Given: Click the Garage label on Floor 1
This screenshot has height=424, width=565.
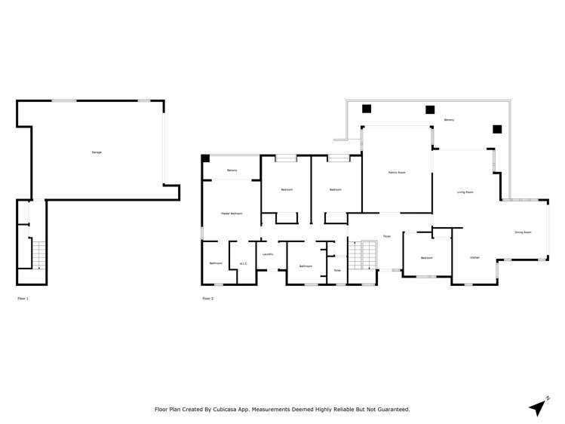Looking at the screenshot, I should pyautogui.click(x=97, y=152).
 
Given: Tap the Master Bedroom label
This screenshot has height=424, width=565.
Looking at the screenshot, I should pyautogui.click(x=231, y=214).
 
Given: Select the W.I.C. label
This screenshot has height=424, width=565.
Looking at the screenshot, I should pyautogui.click(x=244, y=263).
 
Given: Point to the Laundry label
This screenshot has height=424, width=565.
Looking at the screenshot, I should pyautogui.click(x=267, y=254).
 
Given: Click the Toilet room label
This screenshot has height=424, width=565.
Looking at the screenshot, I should pyautogui.click(x=337, y=270).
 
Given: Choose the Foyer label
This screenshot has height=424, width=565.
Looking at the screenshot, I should pyautogui.click(x=386, y=236).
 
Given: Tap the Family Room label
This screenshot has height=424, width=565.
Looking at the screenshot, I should pyautogui.click(x=397, y=173).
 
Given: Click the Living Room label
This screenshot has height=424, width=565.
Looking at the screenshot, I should pyautogui.click(x=465, y=192).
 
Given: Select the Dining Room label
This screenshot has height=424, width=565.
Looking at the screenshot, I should pyautogui.click(x=523, y=232).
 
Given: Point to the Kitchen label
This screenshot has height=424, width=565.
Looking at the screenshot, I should pyautogui.click(x=474, y=258).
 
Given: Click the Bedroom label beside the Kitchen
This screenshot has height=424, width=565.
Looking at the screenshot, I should pyautogui.click(x=426, y=258).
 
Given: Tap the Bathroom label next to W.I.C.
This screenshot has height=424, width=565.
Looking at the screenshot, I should pyautogui.click(x=216, y=263).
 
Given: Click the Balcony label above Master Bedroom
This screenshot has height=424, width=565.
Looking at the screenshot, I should pyautogui.click(x=232, y=171).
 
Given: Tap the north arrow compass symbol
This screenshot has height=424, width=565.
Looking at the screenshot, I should pyautogui.click(x=537, y=407).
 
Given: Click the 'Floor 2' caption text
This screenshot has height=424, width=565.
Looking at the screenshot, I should pyautogui.click(x=208, y=299).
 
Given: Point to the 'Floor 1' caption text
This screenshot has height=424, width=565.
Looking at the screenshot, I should pyautogui.click(x=23, y=299).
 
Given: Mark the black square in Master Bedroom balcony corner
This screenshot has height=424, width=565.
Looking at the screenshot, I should pyautogui.click(x=205, y=158).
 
